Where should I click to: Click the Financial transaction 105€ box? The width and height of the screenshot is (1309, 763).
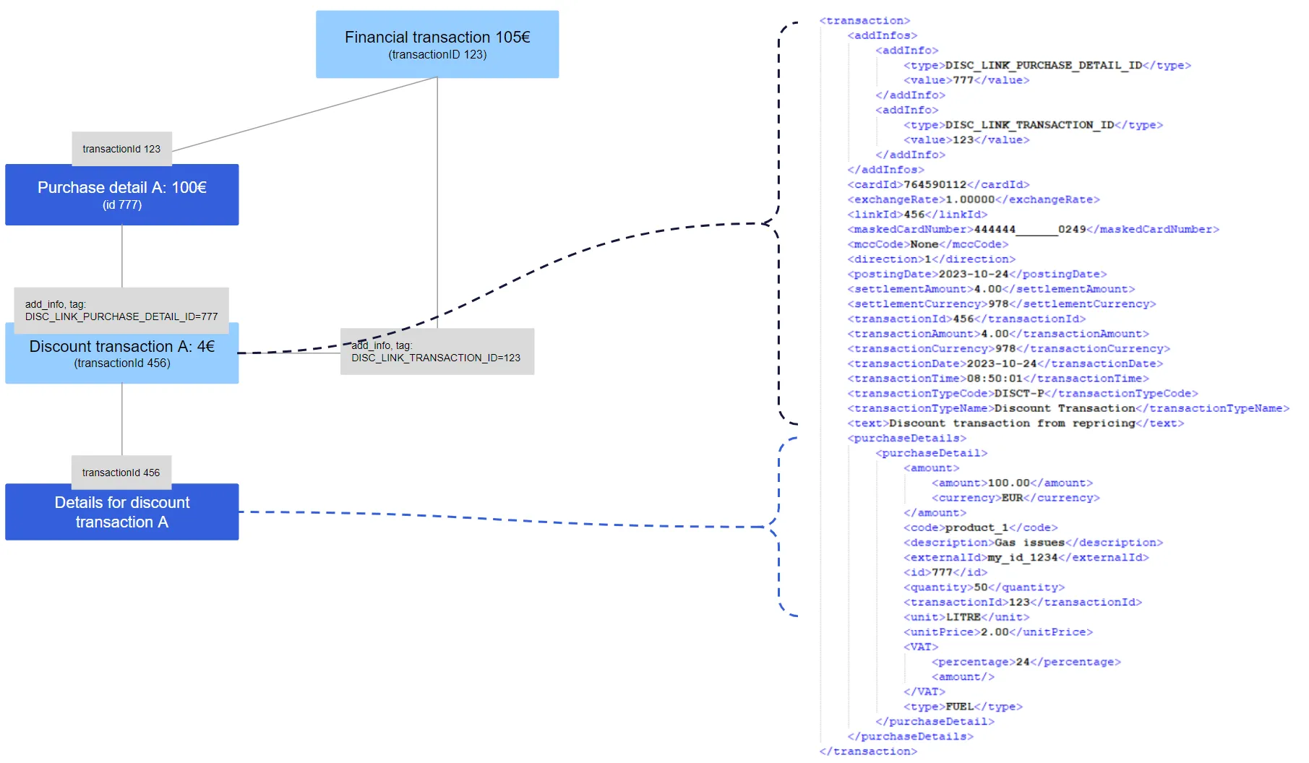[x=437, y=44]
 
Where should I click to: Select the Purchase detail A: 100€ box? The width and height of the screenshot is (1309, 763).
[x=121, y=195]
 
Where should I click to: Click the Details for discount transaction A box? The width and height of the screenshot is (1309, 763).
[x=121, y=512]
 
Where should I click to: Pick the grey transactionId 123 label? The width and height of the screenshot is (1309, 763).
[x=121, y=149]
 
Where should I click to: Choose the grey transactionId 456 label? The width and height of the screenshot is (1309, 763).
[x=121, y=473]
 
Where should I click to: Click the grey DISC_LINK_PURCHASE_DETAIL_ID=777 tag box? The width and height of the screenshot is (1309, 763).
[x=121, y=310]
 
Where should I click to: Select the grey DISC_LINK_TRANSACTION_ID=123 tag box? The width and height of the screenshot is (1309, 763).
[x=437, y=352]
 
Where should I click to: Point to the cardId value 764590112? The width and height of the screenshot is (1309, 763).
[x=935, y=185]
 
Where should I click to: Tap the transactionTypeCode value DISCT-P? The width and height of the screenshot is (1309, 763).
[x=1019, y=394]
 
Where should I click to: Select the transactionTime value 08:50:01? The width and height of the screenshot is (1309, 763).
[x=995, y=379]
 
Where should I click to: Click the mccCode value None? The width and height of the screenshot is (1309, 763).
[x=924, y=244]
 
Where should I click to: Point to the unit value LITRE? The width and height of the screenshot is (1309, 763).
[x=963, y=617]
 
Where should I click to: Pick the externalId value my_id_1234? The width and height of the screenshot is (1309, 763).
[x=1022, y=558]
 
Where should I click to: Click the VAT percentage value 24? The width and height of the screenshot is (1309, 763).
[x=1022, y=662]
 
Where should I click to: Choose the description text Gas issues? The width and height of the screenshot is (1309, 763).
[x=1029, y=543]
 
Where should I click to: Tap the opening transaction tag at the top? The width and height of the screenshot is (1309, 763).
[x=864, y=21]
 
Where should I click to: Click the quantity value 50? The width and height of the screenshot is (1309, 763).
[x=980, y=587]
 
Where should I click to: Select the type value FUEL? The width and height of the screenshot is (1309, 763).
[x=959, y=707]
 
